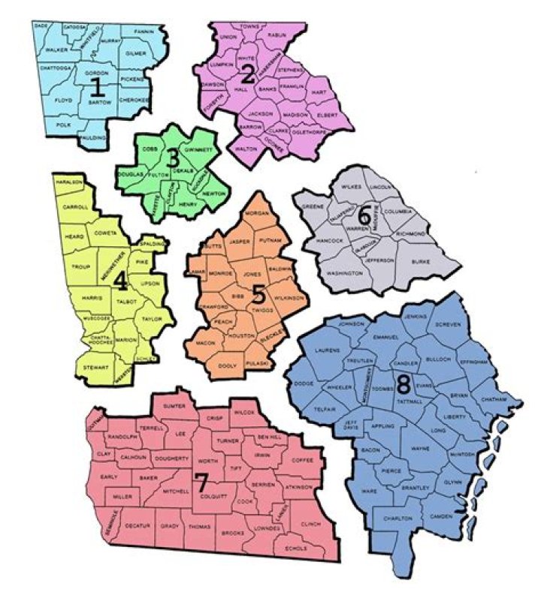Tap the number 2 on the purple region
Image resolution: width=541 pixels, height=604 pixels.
point(247,74)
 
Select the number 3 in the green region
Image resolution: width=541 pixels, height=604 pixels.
point(174,158)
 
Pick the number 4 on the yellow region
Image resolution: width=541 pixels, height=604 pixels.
point(119,280)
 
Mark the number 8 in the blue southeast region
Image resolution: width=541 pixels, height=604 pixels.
point(403,386)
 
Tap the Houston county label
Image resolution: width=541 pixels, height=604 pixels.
point(242,335)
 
